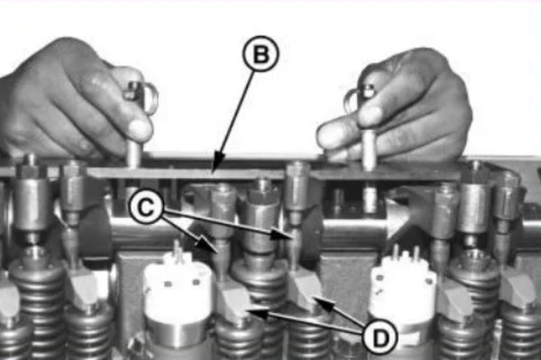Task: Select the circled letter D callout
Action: tap(380, 336)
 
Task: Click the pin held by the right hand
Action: tap(368, 135)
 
